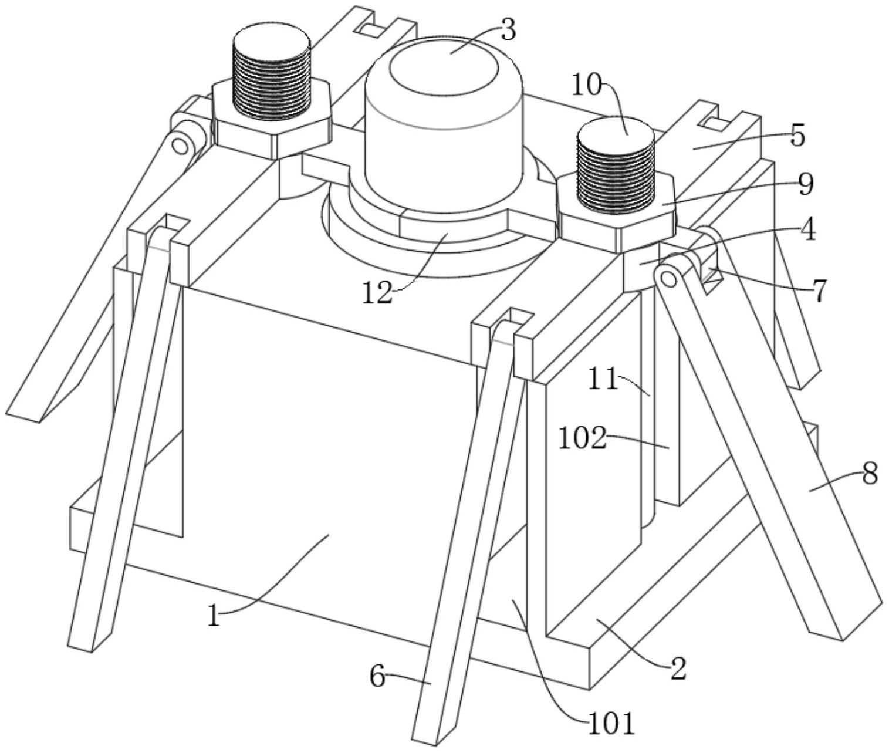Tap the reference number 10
(587, 86)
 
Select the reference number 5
(797, 136)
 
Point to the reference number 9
(805, 184)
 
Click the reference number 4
(808, 231)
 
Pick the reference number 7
(819, 291)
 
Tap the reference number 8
(870, 473)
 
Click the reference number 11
(603, 380)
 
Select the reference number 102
(582, 438)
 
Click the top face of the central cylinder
(444, 65)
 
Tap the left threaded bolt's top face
(271, 42)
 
